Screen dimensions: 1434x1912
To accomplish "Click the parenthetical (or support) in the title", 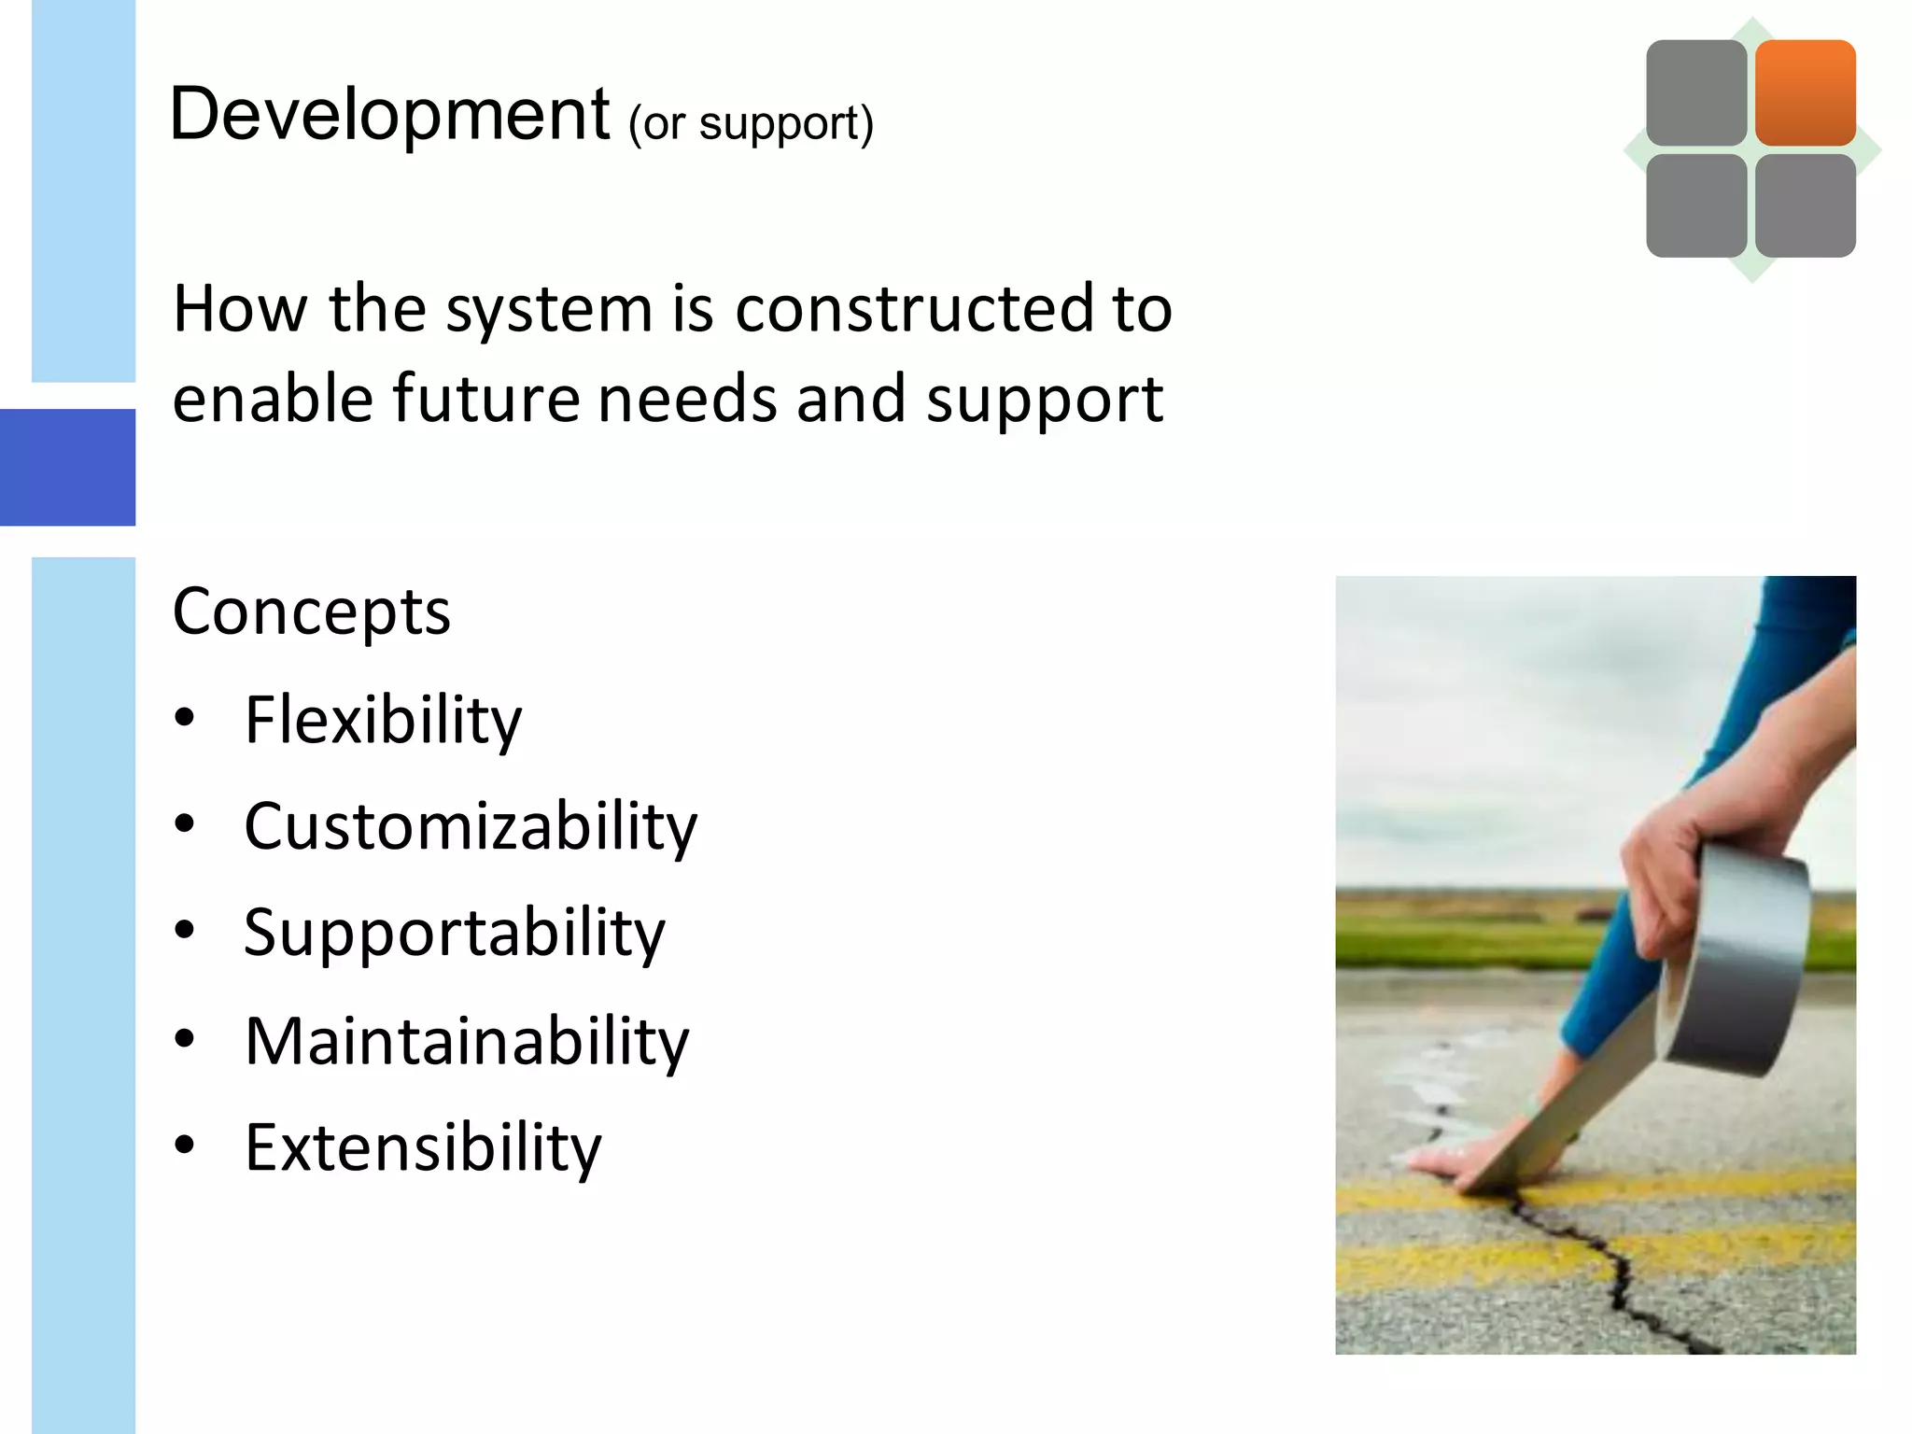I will (751, 124).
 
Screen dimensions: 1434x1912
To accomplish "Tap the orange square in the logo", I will (1805, 91).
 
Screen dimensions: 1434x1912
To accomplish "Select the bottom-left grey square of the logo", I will (1695, 205).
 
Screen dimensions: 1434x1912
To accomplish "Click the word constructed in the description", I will (914, 309).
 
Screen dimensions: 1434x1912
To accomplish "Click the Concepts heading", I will (311, 612).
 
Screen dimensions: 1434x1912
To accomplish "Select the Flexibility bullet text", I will (383, 720).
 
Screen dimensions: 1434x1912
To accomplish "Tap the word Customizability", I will (471, 827).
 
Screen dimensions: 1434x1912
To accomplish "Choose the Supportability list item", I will (455, 933).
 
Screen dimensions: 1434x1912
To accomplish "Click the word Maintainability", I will (467, 1041).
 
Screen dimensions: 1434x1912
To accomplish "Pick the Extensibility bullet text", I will (423, 1147).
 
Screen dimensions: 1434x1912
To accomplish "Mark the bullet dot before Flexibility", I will (185, 717).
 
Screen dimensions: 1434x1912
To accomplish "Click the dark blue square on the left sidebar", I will (67, 467).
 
